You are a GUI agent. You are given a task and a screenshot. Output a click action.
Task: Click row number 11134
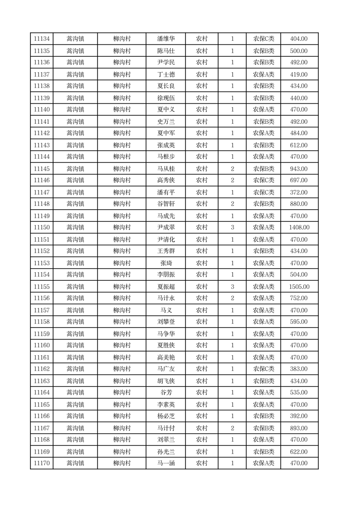coord(42,39)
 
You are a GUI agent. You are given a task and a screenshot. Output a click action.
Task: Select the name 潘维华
coord(166,39)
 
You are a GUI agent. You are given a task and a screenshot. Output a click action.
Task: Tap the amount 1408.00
coord(299,227)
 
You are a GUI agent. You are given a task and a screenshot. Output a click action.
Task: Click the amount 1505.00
coord(299,287)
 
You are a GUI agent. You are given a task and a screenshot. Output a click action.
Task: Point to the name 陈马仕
coord(166,51)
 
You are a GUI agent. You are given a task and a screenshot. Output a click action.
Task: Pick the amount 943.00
coord(299,169)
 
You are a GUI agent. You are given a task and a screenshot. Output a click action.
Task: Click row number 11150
coord(42,227)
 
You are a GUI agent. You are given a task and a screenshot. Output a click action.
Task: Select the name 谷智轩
coord(166,204)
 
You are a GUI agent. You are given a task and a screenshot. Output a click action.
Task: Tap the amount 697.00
coord(299,180)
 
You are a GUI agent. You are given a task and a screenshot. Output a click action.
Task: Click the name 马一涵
coord(166,463)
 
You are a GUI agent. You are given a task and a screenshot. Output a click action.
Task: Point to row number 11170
coord(42,463)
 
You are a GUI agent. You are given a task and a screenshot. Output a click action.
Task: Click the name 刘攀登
coord(166,322)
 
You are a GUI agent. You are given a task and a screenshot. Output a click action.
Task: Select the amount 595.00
coord(299,322)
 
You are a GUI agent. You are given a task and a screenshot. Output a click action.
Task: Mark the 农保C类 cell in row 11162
coord(263,369)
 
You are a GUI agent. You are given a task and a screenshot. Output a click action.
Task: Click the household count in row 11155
coord(232,287)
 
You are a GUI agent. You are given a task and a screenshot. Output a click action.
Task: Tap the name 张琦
coord(166,263)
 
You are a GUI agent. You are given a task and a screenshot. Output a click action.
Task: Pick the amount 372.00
coord(299,192)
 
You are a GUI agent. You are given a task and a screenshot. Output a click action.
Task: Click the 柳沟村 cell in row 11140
coord(122,109)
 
